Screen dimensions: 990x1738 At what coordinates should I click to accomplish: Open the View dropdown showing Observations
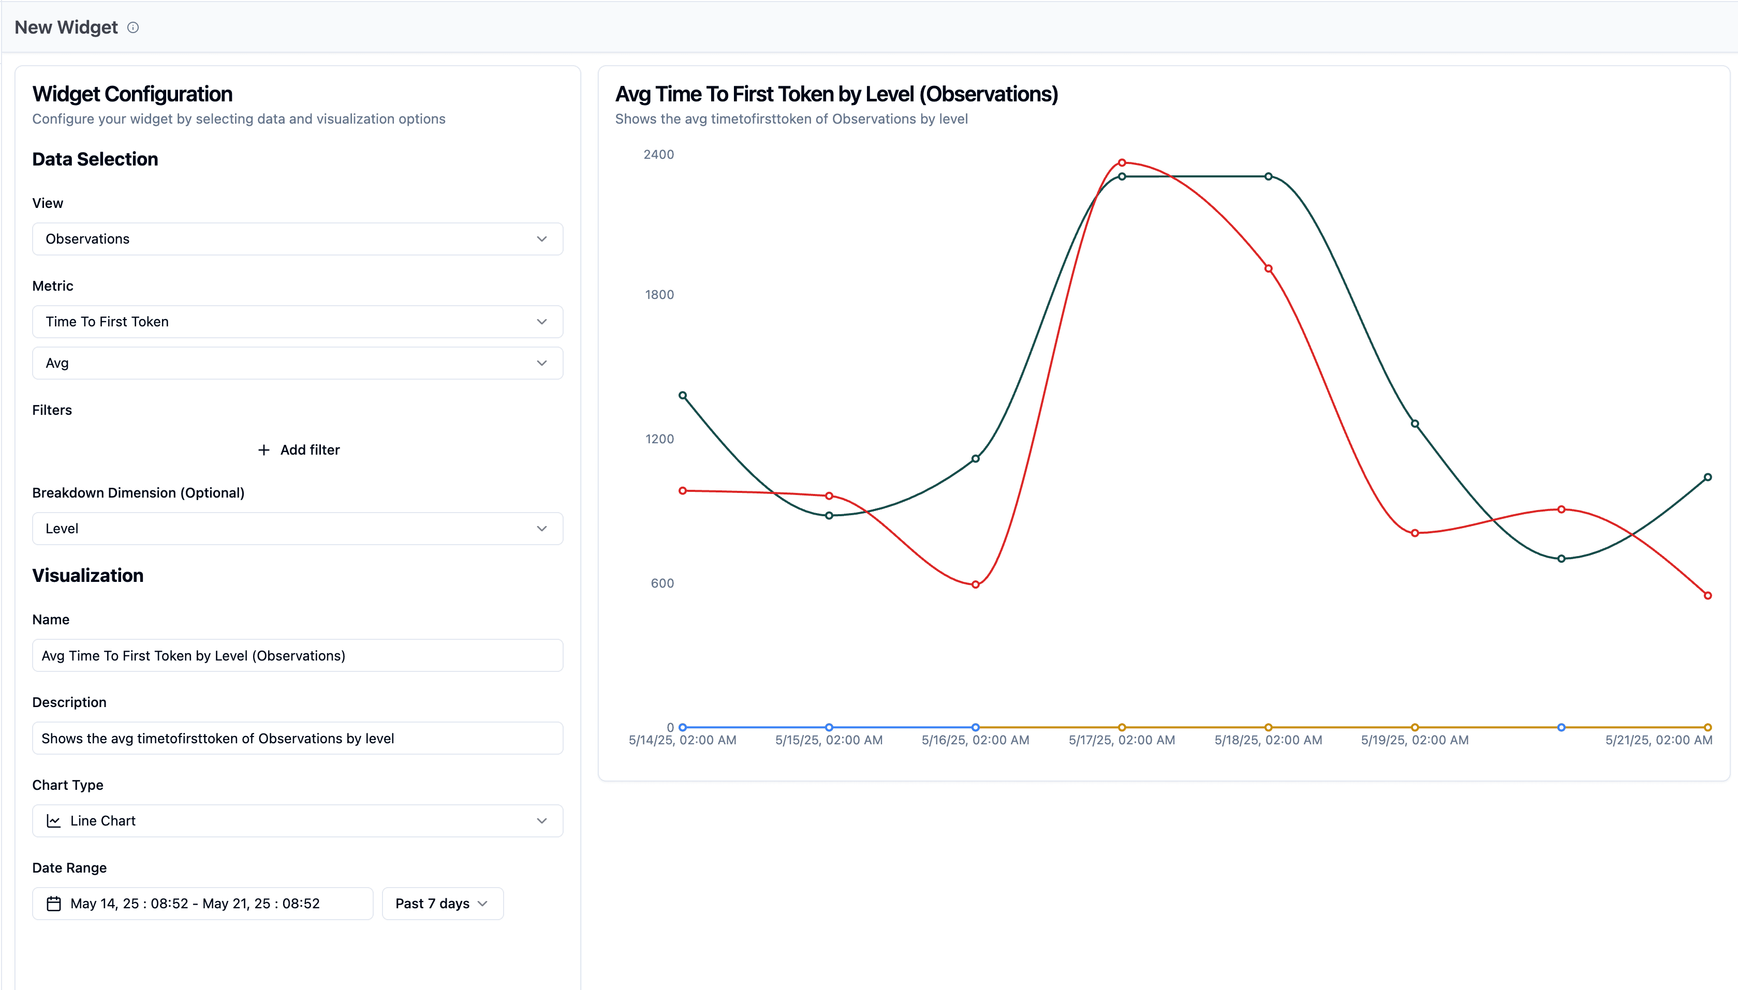click(297, 238)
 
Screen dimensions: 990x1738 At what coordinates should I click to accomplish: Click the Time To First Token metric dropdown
click(297, 322)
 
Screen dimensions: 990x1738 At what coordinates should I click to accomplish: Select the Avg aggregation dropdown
click(297, 363)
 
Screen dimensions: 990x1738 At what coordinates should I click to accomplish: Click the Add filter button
click(299, 449)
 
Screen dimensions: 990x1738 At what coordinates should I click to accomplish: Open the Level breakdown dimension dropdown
click(297, 528)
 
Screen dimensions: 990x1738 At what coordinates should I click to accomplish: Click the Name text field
click(297, 655)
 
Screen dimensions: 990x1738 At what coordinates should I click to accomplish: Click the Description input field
click(297, 739)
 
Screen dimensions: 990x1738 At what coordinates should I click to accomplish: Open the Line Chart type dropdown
click(297, 821)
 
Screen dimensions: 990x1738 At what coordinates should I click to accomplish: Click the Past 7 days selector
click(442, 904)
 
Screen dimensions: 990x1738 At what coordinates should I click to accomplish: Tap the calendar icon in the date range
click(54, 904)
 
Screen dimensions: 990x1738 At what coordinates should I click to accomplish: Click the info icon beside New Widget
click(134, 28)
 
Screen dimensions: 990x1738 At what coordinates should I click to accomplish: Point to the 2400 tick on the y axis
click(658, 154)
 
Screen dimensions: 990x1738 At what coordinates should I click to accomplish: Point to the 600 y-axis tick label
click(662, 583)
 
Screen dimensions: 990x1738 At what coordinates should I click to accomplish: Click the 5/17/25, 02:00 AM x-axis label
click(1122, 740)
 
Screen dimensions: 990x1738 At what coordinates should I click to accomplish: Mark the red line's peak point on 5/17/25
click(1122, 162)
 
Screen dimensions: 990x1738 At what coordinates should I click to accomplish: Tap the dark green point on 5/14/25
click(682, 396)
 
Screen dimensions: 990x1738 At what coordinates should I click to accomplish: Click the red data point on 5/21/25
click(1707, 596)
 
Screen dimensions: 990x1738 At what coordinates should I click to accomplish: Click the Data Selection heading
click(95, 159)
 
